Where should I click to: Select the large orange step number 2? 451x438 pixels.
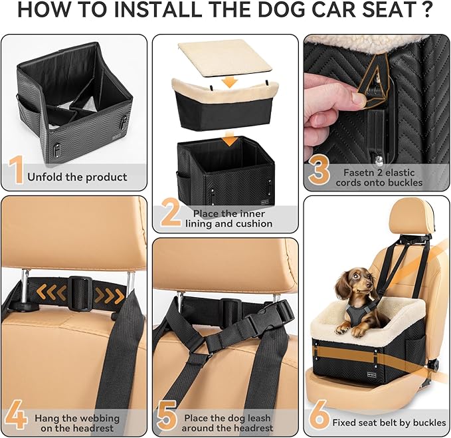coord(170,214)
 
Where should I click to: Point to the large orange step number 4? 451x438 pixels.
coord(15,417)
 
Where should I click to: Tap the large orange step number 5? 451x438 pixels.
coord(166,417)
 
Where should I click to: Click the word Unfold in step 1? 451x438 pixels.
coord(45,177)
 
